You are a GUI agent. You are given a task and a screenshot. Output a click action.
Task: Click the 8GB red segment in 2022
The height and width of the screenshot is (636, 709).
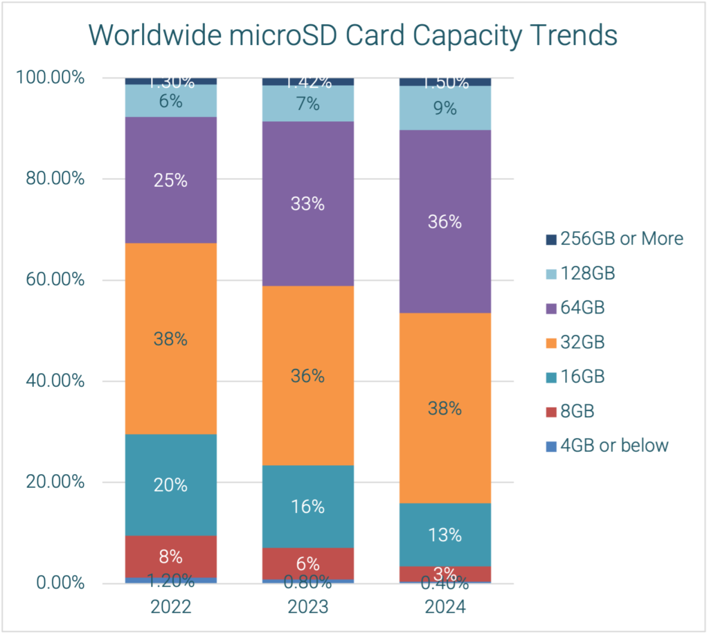pos(171,547)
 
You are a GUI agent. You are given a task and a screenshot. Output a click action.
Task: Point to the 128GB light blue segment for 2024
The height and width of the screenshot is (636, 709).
pos(445,118)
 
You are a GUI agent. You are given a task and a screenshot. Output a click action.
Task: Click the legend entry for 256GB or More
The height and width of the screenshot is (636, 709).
pos(613,239)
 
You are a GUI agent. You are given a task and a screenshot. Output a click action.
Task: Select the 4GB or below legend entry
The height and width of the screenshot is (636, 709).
pos(607,445)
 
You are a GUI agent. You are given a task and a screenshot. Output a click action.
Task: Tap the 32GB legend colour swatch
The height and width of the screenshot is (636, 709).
pos(551,343)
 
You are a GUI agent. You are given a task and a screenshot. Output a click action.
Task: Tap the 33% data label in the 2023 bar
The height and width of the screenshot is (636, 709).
pos(307,204)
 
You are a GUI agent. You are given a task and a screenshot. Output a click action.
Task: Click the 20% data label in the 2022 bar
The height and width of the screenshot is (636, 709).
pos(171,485)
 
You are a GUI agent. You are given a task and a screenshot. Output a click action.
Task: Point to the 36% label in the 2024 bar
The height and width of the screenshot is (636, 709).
pos(445,222)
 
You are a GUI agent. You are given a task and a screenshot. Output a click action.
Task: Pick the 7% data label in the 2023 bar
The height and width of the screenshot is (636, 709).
pos(307,105)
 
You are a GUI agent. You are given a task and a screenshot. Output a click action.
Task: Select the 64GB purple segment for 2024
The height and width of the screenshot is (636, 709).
pos(445,263)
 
